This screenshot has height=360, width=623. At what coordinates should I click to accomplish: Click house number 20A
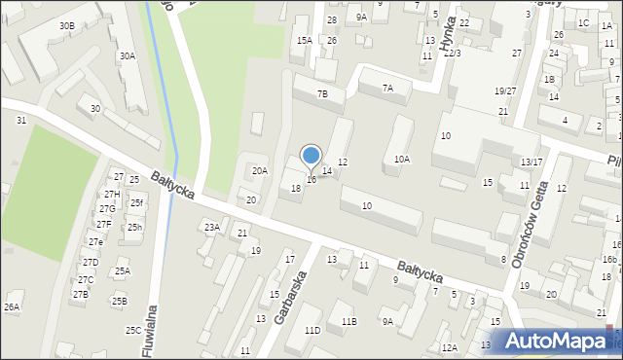click(259, 170)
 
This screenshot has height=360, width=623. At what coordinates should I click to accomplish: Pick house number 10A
click(401, 159)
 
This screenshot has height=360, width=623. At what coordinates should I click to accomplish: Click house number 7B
click(322, 94)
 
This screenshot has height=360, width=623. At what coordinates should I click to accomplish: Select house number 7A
click(387, 89)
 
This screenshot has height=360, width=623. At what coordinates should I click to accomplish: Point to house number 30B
click(66, 25)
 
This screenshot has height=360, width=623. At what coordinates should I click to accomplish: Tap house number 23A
click(211, 227)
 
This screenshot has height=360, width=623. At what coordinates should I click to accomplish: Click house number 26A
click(12, 306)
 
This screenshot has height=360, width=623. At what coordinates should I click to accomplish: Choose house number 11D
click(312, 331)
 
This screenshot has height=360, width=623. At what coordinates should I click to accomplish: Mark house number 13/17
click(531, 162)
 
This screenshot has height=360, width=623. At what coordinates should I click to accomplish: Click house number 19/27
click(504, 90)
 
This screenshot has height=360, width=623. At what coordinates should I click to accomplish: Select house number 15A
click(305, 40)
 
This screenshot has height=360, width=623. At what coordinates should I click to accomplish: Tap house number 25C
click(133, 331)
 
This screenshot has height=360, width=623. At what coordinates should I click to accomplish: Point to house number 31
click(21, 120)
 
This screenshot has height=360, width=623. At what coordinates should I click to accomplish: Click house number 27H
click(112, 195)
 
